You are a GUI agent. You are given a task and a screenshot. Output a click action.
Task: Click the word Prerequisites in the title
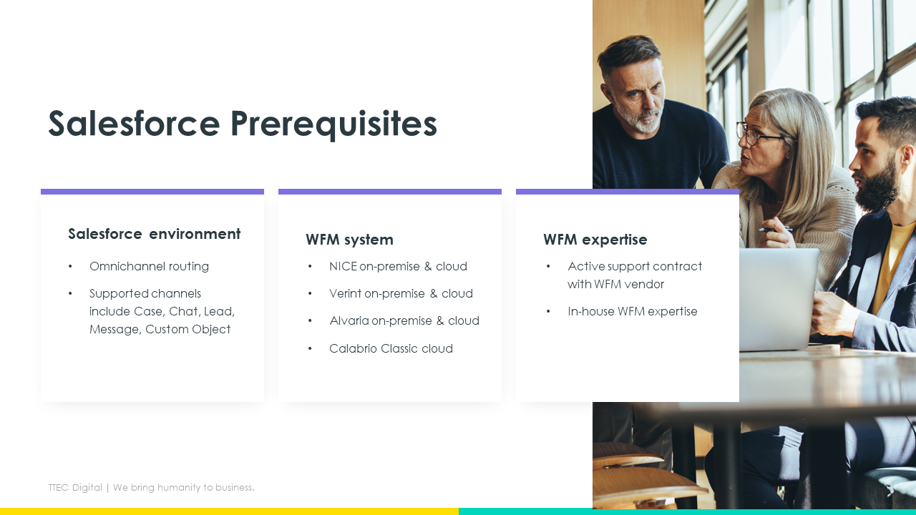[x=333, y=124]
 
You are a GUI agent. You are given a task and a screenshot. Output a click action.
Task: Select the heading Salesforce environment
[x=154, y=234]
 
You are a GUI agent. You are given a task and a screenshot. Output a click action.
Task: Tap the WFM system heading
[x=349, y=240]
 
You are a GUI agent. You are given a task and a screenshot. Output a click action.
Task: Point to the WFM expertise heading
[x=595, y=240]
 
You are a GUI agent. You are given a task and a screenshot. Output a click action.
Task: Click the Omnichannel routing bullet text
[x=149, y=267]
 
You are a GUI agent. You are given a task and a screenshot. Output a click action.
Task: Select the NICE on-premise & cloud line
[x=398, y=267]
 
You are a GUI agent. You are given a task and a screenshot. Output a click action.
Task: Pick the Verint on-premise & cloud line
[x=401, y=293]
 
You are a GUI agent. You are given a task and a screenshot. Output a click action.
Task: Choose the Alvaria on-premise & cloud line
[x=404, y=321]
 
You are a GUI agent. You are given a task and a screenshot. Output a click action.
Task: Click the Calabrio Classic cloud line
[x=391, y=348]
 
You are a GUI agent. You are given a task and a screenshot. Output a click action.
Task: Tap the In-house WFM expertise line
[x=632, y=311]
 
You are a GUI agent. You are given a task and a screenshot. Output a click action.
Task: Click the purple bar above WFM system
[x=390, y=192]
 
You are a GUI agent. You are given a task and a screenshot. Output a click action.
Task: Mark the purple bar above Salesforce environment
[x=152, y=192]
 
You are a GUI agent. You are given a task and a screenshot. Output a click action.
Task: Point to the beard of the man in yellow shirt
[x=880, y=186]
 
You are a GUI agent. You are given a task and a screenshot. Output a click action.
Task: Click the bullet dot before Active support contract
[x=548, y=267]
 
